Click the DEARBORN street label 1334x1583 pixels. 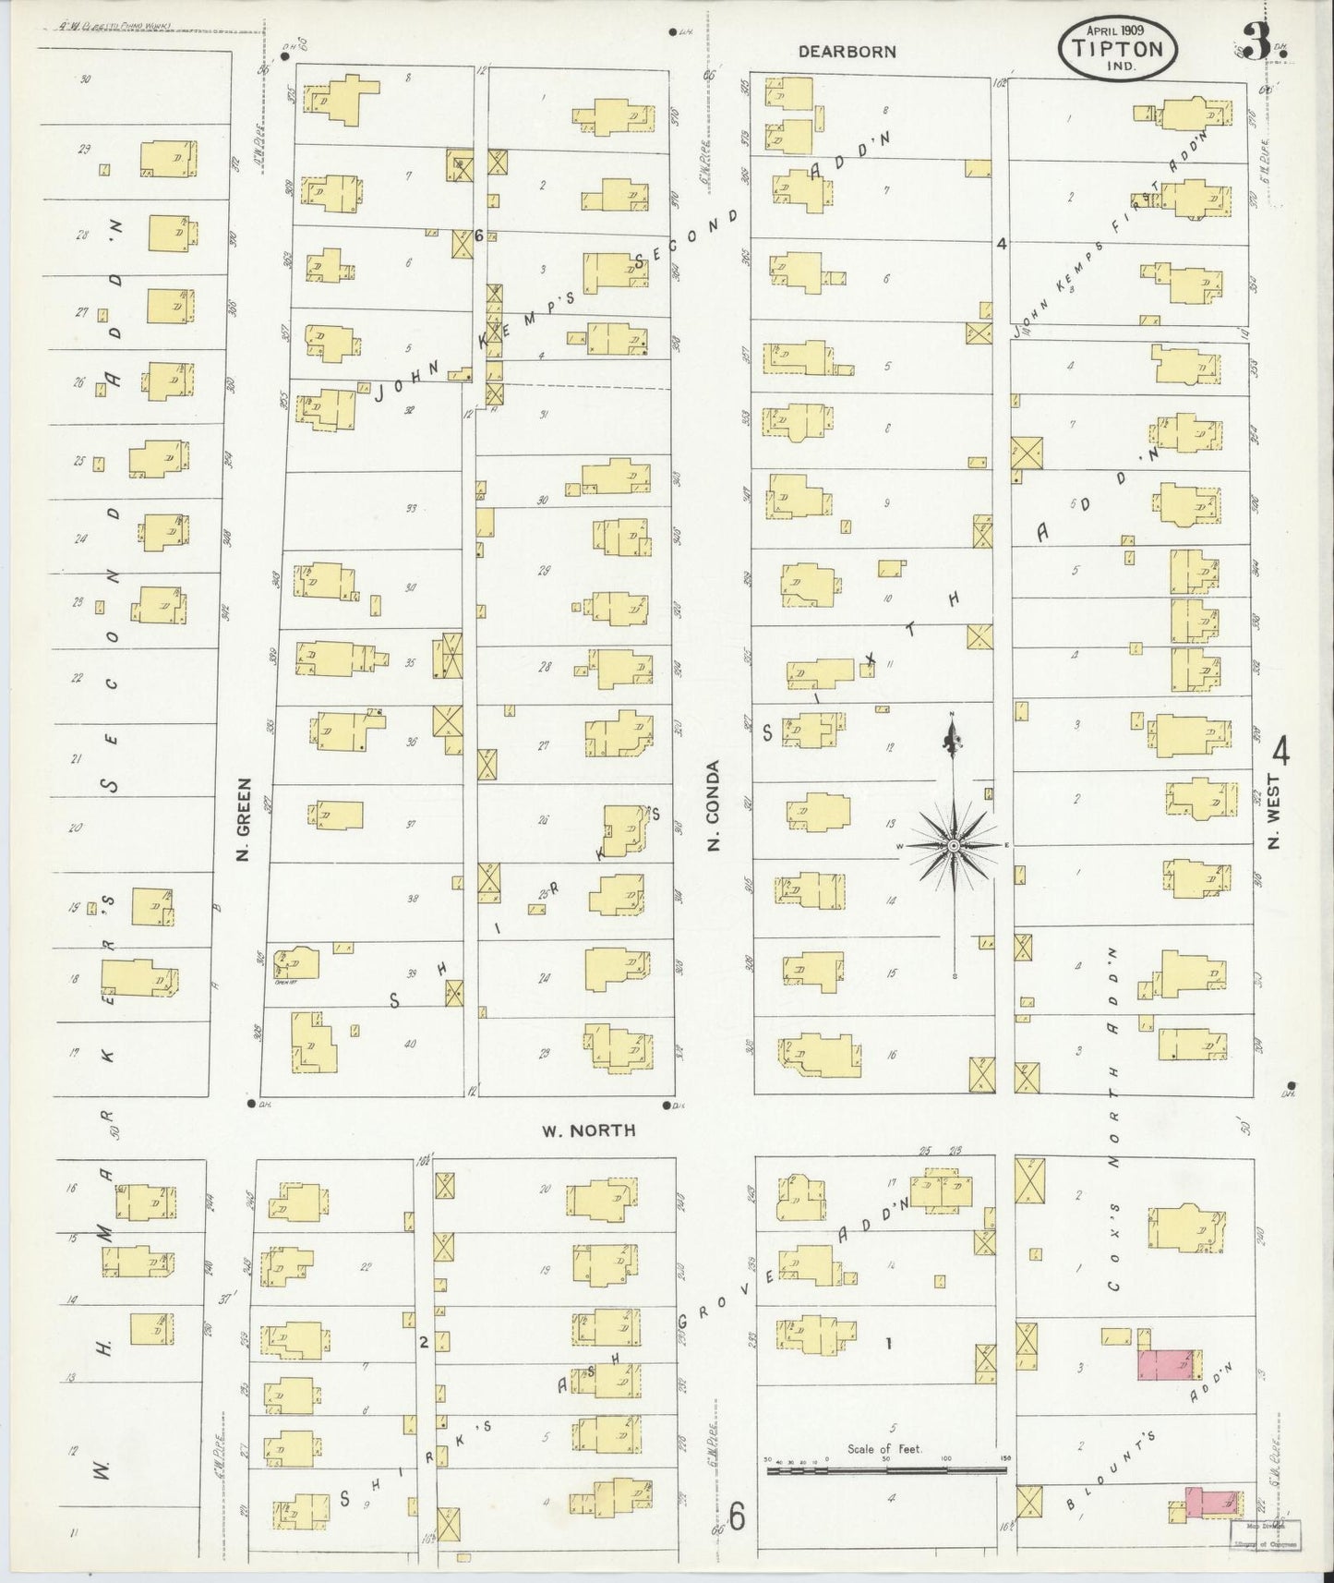pos(847,52)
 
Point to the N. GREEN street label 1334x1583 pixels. pos(244,831)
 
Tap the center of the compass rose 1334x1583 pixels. pos(953,846)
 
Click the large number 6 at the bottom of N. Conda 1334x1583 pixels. pos(736,1515)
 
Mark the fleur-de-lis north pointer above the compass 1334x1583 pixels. pos(953,736)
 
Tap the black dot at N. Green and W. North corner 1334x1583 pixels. pos(251,1103)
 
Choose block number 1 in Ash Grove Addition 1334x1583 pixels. pos(888,1344)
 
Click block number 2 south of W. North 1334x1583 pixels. pos(423,1342)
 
